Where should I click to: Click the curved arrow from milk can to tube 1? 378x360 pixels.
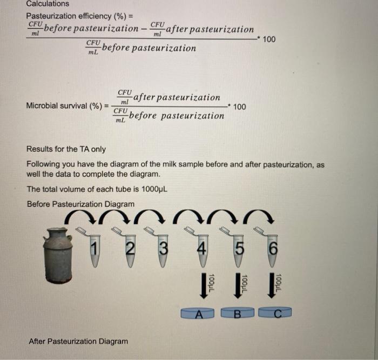(x=76, y=217)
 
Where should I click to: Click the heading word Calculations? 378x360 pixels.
(x=48, y=4)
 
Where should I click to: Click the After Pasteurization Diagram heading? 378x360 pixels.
(x=78, y=341)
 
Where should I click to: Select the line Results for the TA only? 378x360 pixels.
(x=66, y=149)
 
